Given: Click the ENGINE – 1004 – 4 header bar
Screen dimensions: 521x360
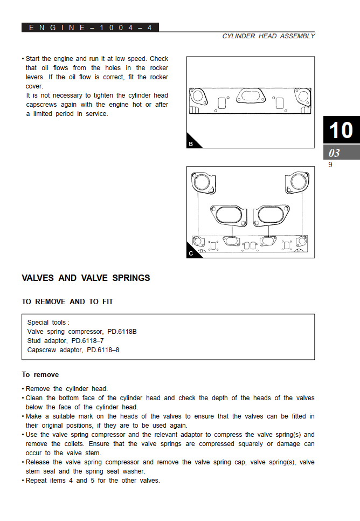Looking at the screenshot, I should point(90,28).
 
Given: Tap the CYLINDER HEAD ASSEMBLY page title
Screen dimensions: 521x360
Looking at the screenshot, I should point(268,36).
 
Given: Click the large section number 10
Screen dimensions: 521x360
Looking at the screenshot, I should point(341,131).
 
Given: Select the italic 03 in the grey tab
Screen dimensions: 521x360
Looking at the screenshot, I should point(334,153).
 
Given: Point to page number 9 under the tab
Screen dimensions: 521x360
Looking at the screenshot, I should point(330,165).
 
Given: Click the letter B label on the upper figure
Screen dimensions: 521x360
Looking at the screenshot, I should point(191,144).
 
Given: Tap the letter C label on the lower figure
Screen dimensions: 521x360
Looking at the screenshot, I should point(191,253).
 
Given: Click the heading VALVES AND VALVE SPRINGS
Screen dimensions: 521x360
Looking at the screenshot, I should point(86,278).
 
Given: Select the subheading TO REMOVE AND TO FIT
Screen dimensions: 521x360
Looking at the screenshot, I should point(67,302).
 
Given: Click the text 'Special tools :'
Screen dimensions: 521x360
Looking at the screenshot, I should point(49,323).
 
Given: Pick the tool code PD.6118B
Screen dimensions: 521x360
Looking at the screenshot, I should point(122,332).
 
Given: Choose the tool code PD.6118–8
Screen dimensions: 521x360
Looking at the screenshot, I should point(103,350).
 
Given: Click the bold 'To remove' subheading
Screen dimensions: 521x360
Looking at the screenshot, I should point(40,375).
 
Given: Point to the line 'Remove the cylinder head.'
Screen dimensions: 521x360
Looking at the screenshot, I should point(67,389).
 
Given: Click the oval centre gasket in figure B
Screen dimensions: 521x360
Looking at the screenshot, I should point(250,96).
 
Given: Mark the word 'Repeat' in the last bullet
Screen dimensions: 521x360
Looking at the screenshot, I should point(37,481).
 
